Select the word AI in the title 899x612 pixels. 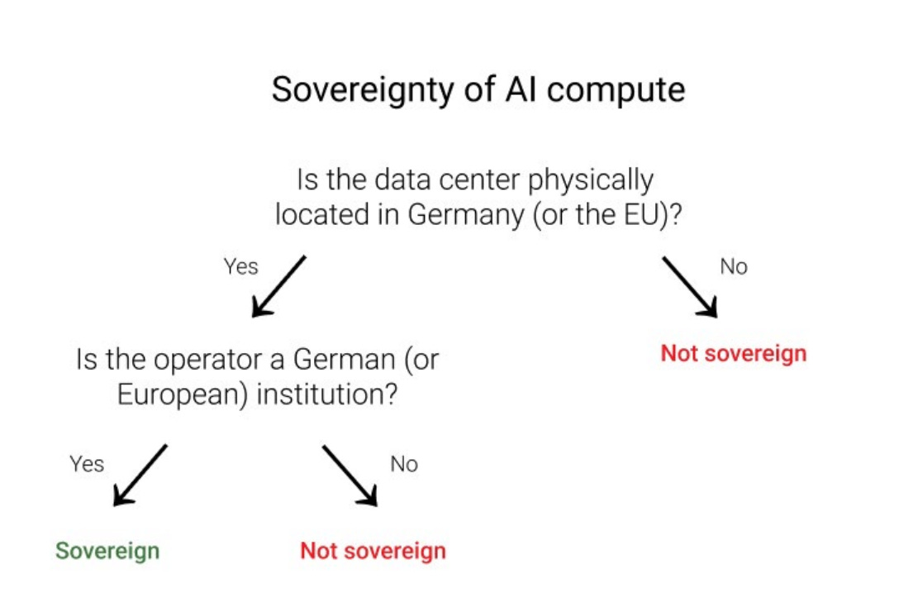tap(519, 89)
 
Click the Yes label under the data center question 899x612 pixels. tap(240, 267)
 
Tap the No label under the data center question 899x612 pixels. tap(734, 267)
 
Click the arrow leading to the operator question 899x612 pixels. tap(278, 286)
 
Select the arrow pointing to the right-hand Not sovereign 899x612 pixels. tap(689, 286)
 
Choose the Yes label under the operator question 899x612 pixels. tap(87, 464)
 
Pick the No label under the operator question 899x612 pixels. tap(404, 464)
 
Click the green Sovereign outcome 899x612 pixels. tap(107, 551)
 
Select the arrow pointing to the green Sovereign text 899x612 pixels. tap(140, 474)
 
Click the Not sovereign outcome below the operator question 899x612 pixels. tap(373, 551)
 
